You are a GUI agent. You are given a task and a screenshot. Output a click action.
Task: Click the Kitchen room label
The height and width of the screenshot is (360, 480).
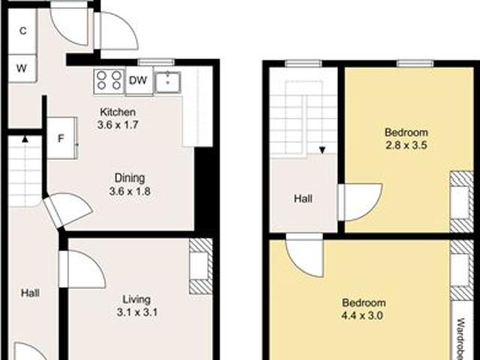pyautogui.click(x=118, y=112)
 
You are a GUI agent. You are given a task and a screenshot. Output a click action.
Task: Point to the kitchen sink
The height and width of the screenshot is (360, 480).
pyautogui.click(x=168, y=81)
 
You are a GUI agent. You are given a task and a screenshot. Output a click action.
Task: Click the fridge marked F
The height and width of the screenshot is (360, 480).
pyautogui.click(x=61, y=138)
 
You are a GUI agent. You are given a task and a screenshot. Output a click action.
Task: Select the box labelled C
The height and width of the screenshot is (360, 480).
pyautogui.click(x=22, y=31)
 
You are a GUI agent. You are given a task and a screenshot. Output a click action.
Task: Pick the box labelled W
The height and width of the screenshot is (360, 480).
pyautogui.click(x=22, y=68)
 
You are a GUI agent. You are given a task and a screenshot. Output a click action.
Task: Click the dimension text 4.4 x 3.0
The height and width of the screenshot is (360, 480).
pyautogui.click(x=364, y=316)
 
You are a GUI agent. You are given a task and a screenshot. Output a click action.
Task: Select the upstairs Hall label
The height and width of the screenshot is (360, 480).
pyautogui.click(x=303, y=199)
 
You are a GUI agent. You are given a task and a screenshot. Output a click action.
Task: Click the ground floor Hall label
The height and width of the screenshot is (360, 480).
pyautogui.click(x=30, y=292)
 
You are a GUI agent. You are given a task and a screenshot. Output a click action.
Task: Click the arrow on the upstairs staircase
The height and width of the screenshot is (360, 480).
pyautogui.click(x=322, y=150)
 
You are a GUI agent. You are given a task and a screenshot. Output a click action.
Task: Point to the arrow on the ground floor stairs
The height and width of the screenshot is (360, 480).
pyautogui.click(x=25, y=138)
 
